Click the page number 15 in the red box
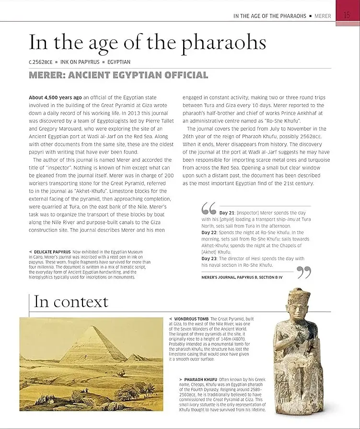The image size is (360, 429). [x=347, y=15]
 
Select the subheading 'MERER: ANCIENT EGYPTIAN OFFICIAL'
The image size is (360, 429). [x=118, y=75]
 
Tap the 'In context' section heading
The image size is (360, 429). [x=71, y=302]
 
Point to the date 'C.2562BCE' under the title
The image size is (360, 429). [x=40, y=62]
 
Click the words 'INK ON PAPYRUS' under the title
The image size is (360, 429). [x=81, y=62]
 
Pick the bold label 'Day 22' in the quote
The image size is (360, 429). [x=209, y=232]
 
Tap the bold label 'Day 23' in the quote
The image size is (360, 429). [x=209, y=259]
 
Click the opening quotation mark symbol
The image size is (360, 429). [x=209, y=209]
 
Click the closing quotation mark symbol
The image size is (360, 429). [x=304, y=273]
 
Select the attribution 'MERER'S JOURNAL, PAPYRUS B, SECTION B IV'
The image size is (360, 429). [x=242, y=277]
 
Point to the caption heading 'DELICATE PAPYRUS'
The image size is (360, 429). [x=52, y=251]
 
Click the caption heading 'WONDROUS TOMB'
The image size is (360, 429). [x=191, y=319]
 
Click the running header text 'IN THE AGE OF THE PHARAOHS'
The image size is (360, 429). [x=269, y=16]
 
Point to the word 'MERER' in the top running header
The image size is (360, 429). [x=323, y=16]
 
